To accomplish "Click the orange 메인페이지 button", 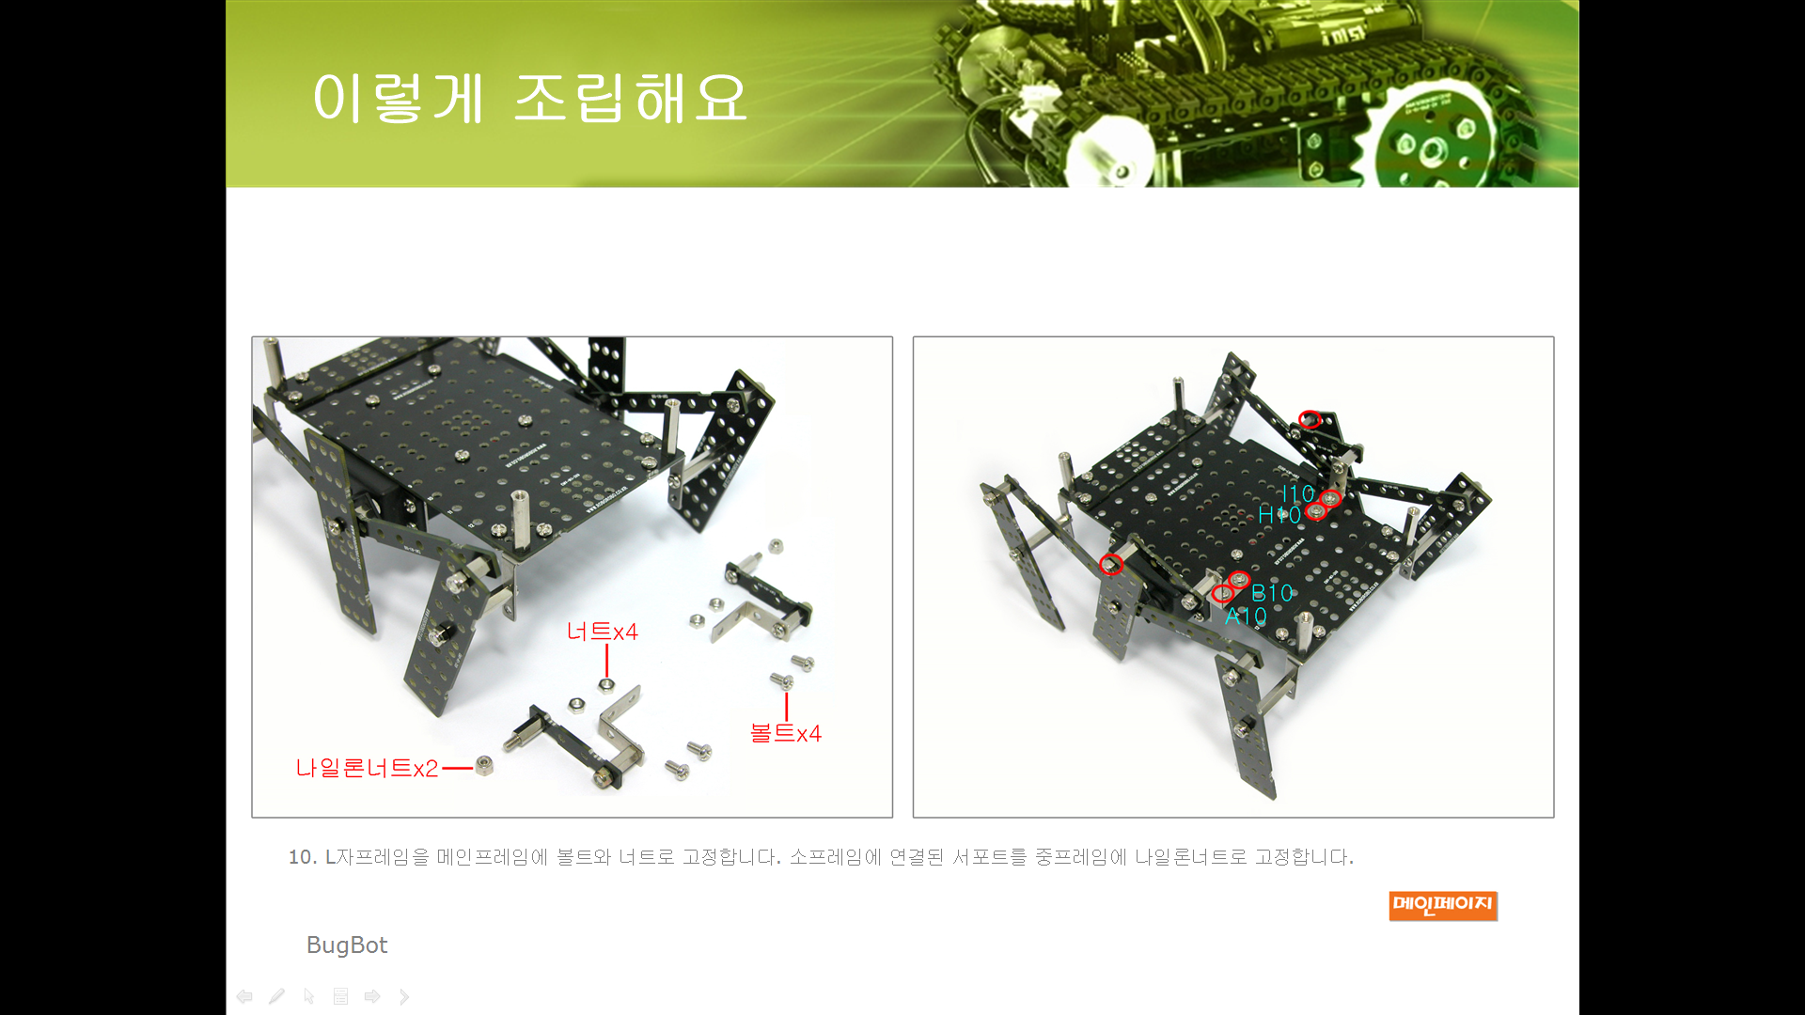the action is (x=1443, y=905).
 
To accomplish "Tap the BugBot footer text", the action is (x=347, y=945).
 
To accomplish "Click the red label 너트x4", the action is (x=602, y=632).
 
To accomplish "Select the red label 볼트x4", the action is (x=786, y=733).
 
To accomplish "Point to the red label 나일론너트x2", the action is (x=367, y=769).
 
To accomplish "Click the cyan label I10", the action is (x=1298, y=494).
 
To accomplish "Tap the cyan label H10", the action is (x=1279, y=515).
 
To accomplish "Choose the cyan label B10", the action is (x=1272, y=594).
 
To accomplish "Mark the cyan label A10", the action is (x=1246, y=617).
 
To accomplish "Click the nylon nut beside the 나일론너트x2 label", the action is (x=484, y=766).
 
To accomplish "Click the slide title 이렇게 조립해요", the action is (x=529, y=98).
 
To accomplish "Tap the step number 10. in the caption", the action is (x=302, y=857).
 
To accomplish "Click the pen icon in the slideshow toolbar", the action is (x=276, y=996).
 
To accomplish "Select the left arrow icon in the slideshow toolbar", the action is (x=244, y=996).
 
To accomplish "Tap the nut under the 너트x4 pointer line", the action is (x=606, y=685).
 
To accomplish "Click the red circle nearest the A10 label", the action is (x=1222, y=594).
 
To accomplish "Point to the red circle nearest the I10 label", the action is (x=1330, y=499).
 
